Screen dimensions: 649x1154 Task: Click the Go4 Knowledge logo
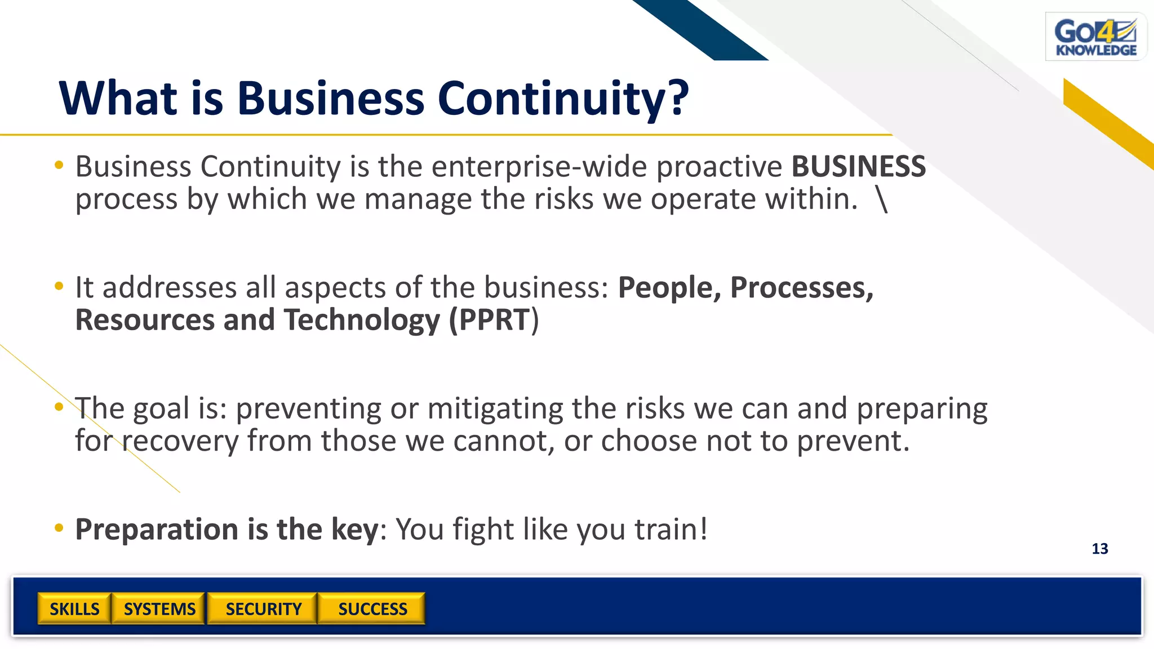(x=1095, y=37)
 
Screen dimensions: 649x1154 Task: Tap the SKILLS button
(x=74, y=609)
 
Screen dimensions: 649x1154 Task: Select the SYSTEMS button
(x=159, y=609)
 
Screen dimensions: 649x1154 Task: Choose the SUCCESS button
(x=372, y=609)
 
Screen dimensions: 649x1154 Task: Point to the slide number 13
(x=1099, y=549)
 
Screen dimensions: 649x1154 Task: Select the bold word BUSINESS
(x=858, y=167)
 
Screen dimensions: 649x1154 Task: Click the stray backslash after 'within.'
(x=882, y=199)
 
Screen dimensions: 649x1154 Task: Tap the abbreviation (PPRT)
(x=494, y=320)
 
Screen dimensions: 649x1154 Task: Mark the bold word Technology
(x=361, y=320)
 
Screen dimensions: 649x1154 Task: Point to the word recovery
(x=180, y=441)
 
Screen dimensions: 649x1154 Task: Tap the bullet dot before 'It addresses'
(x=59, y=286)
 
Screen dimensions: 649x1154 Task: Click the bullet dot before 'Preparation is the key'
(x=59, y=528)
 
